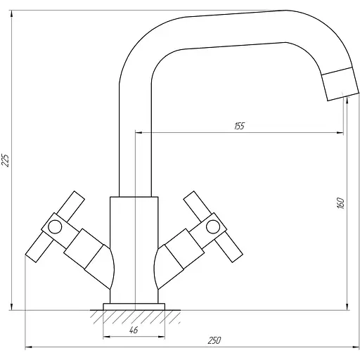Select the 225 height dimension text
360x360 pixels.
coord(6,160)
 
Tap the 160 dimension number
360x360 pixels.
coord(340,202)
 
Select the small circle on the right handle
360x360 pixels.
coord(212,226)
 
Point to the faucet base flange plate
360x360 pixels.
coord(134,306)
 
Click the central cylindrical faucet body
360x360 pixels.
coord(134,246)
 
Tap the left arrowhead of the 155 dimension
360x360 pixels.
coord(138,131)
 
